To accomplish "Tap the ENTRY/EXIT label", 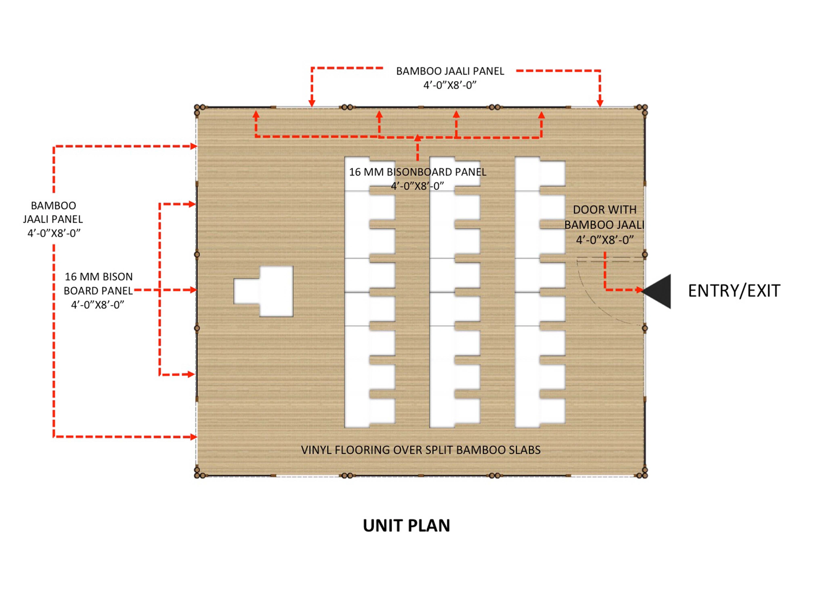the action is [x=734, y=291].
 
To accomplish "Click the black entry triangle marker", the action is [x=656, y=291].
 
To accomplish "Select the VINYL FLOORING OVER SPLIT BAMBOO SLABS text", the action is [x=421, y=450].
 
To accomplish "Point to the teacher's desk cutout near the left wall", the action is [x=263, y=291].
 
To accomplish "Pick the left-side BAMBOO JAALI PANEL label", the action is [x=53, y=219].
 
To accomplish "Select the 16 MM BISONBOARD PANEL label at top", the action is [x=418, y=179].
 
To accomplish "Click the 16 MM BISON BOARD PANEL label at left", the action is [x=98, y=291].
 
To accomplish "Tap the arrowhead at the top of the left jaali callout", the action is [x=194, y=146].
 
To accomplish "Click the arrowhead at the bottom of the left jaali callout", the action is [x=194, y=437].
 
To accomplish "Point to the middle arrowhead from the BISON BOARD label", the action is [x=193, y=290].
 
